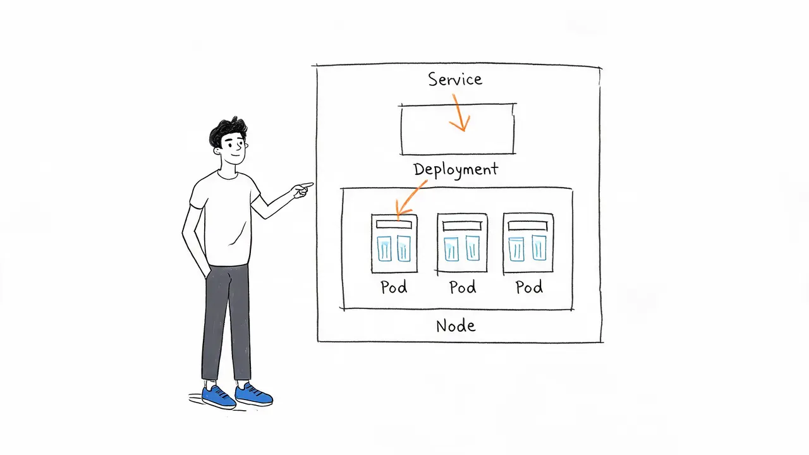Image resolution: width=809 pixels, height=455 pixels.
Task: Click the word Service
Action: click(455, 79)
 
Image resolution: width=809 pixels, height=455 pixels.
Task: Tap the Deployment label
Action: click(456, 170)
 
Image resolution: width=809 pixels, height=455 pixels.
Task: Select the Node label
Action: click(456, 325)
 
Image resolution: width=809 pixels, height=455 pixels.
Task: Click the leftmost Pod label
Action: click(394, 287)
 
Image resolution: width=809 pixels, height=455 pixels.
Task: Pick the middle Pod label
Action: click(463, 287)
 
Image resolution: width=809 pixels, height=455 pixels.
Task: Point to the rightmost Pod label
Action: click(529, 287)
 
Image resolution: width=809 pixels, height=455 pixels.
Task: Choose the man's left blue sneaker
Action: click(219, 397)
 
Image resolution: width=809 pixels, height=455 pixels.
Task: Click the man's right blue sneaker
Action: click(253, 394)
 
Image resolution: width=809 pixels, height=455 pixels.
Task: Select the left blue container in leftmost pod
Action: click(384, 248)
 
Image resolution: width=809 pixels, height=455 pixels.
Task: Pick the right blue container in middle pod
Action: click(472, 248)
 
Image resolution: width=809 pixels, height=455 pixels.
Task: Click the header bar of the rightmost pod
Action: click(528, 226)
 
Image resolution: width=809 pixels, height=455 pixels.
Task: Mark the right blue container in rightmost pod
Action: click(539, 247)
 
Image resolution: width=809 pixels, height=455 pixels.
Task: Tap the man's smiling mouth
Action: click(235, 155)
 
